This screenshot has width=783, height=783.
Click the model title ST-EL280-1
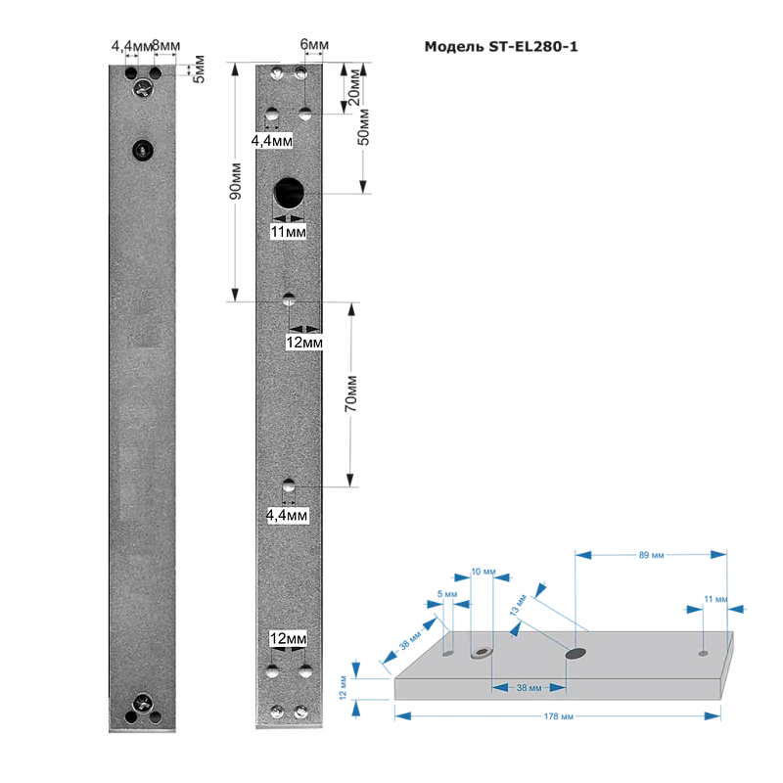532,47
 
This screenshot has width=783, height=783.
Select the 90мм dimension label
235,181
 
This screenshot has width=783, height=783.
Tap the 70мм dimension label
351,394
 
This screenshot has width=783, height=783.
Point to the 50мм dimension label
364,127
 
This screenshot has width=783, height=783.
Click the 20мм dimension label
353,87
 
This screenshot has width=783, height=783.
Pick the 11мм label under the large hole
288,232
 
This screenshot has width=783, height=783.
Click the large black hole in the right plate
289,193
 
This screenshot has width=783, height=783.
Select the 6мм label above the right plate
314,44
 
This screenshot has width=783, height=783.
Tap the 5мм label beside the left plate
199,69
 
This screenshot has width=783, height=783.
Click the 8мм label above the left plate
165,46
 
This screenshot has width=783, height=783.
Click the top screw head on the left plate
143,88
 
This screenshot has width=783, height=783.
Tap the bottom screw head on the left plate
143,703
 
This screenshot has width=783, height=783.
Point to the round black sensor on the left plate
143,150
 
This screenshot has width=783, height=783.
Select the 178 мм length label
558,716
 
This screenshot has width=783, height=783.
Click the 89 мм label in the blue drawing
651,555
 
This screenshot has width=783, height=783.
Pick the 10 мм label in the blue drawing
484,572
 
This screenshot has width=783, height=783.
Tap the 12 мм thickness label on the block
343,688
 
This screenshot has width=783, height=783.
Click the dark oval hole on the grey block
576,653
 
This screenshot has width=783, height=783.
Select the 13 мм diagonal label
519,605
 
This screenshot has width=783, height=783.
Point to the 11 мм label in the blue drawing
715,599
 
